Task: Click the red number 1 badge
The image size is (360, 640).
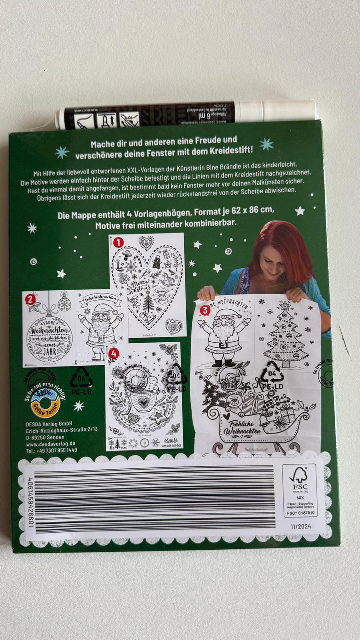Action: (x=118, y=243)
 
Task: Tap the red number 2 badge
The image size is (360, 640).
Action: (x=31, y=300)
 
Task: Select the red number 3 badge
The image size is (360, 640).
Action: (x=204, y=310)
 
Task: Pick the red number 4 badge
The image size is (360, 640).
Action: (x=114, y=352)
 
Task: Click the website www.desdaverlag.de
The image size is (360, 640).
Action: (x=52, y=443)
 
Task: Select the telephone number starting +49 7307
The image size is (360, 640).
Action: (x=51, y=450)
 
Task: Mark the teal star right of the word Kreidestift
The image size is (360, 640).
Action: (x=266, y=144)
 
